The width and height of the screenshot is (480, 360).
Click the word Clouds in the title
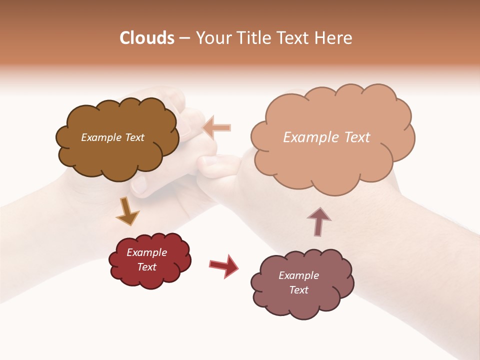147,38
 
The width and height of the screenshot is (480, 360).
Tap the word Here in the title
333,38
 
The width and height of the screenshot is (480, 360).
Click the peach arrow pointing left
217,127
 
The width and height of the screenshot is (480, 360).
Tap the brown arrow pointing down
127,211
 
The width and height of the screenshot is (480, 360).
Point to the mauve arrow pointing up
318,221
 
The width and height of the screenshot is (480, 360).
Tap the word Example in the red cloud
146,252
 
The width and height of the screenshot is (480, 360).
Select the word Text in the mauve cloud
298,290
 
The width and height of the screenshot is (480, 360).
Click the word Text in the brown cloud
134,137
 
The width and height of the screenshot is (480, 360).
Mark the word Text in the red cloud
146,267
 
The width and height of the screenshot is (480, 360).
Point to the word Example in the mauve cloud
298,275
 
